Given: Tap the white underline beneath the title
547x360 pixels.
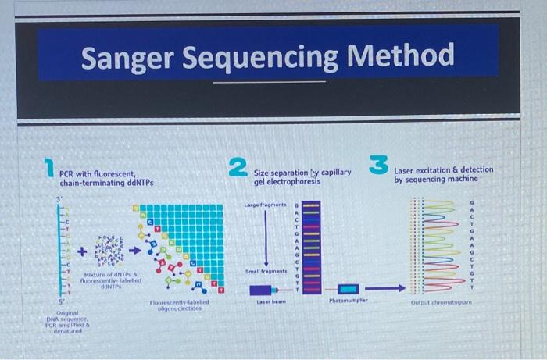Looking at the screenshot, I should (268, 81).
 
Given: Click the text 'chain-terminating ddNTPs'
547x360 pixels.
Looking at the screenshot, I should (106, 183).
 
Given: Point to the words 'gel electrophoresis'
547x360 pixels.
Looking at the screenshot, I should (287, 181).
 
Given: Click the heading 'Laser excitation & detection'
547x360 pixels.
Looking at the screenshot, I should (443, 169).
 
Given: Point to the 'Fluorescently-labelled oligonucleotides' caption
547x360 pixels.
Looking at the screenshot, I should (178, 305).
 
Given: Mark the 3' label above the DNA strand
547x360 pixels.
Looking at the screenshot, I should (59, 200).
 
